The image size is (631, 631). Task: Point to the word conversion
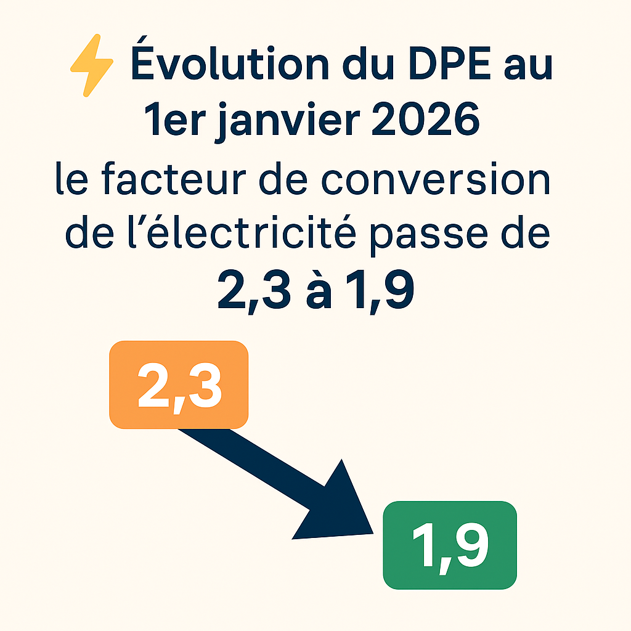point(449,180)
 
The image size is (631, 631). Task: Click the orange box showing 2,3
point(179,385)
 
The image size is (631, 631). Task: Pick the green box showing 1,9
point(450,545)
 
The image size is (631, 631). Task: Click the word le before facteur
point(71,180)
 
